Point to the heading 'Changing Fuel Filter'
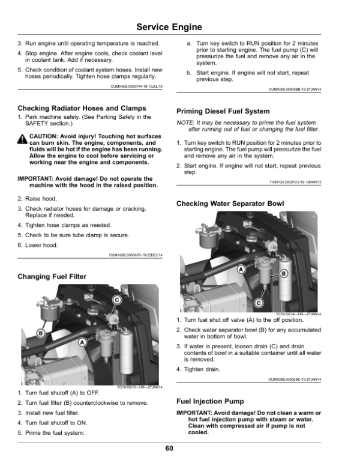52,276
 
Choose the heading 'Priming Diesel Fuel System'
223,111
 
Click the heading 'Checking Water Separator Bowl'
230,204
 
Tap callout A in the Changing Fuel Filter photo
82,342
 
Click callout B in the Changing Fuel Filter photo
41,332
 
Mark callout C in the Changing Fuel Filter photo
117,300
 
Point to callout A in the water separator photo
241,270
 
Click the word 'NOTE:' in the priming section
186,123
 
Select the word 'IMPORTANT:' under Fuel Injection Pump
195,413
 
